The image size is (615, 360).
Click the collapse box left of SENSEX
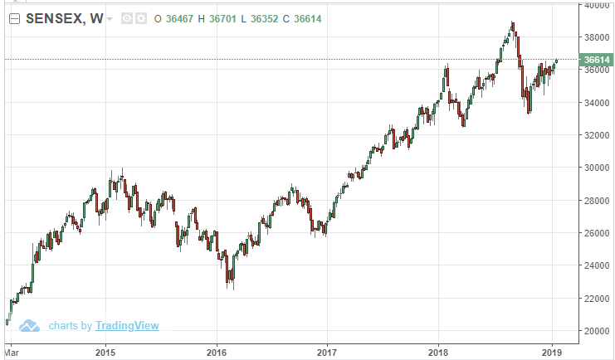pyautogui.click(x=13, y=18)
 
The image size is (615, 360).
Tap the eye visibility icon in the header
pyautogui.click(x=126, y=18)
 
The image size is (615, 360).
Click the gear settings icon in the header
pyautogui.click(x=140, y=18)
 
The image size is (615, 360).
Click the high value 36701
pyautogui.click(x=222, y=18)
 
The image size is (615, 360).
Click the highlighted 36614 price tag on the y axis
pyautogui.click(x=597, y=60)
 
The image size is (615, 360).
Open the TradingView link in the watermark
pyautogui.click(x=126, y=326)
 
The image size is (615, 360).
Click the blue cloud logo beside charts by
pyautogui.click(x=31, y=325)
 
